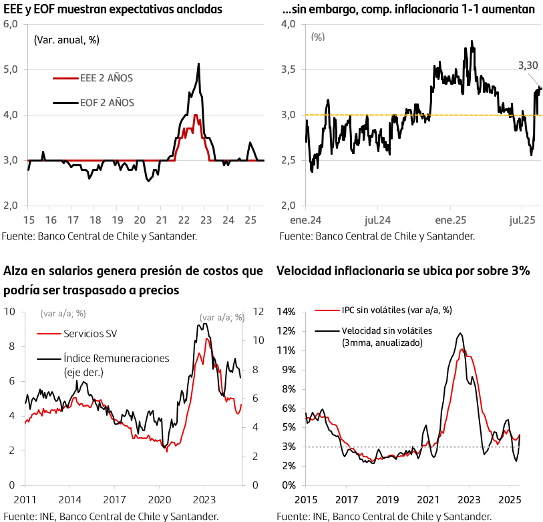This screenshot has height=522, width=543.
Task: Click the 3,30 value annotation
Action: pyautogui.click(x=528, y=65)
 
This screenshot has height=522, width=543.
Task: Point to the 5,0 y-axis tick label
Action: pyautogui.click(x=11, y=69)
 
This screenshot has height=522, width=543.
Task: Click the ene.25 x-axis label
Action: pyautogui.click(x=451, y=220)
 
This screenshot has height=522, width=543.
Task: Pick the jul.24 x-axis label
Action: pyautogui.click(x=379, y=220)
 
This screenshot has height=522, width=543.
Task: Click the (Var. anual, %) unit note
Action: pyautogui.click(x=67, y=39)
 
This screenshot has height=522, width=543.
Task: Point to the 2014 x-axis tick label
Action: pyautogui.click(x=69, y=499)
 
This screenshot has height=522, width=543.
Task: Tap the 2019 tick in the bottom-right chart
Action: pyautogui.click(x=387, y=499)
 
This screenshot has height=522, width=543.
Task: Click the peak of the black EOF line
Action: pyautogui.click(x=198, y=63)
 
